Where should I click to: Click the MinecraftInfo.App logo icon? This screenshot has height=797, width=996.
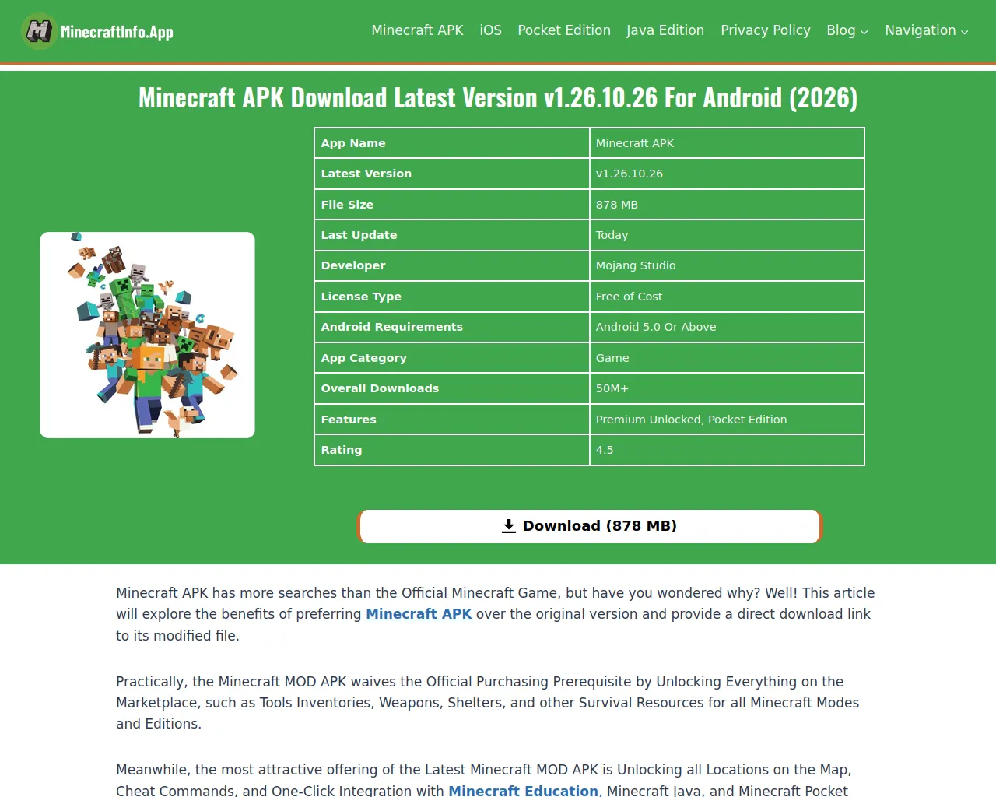click(39, 31)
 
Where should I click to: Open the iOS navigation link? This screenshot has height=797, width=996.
click(490, 30)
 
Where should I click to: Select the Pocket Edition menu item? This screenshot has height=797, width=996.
click(564, 30)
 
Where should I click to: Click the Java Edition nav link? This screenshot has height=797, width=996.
click(665, 30)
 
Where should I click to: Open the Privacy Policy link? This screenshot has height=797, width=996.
click(766, 30)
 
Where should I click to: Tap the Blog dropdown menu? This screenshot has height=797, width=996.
click(847, 30)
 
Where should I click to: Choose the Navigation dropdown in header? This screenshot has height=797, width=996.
click(926, 30)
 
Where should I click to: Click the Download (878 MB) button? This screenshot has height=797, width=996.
click(590, 526)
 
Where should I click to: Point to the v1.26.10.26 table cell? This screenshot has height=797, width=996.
click(630, 174)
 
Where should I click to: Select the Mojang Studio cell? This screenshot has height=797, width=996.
click(636, 265)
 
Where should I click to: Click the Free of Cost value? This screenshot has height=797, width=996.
click(629, 297)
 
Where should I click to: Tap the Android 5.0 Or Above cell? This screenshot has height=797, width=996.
click(656, 327)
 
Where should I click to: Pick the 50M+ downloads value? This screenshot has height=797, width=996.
click(612, 388)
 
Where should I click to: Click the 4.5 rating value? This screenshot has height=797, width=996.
click(605, 450)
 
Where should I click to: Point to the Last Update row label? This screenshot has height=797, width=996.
click(359, 235)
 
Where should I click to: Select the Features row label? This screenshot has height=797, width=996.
click(349, 420)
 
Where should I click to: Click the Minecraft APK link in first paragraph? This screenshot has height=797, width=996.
click(419, 614)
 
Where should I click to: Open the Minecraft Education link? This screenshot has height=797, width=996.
click(523, 790)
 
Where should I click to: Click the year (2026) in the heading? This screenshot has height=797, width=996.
click(823, 98)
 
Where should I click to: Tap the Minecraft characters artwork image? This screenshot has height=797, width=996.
click(148, 335)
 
